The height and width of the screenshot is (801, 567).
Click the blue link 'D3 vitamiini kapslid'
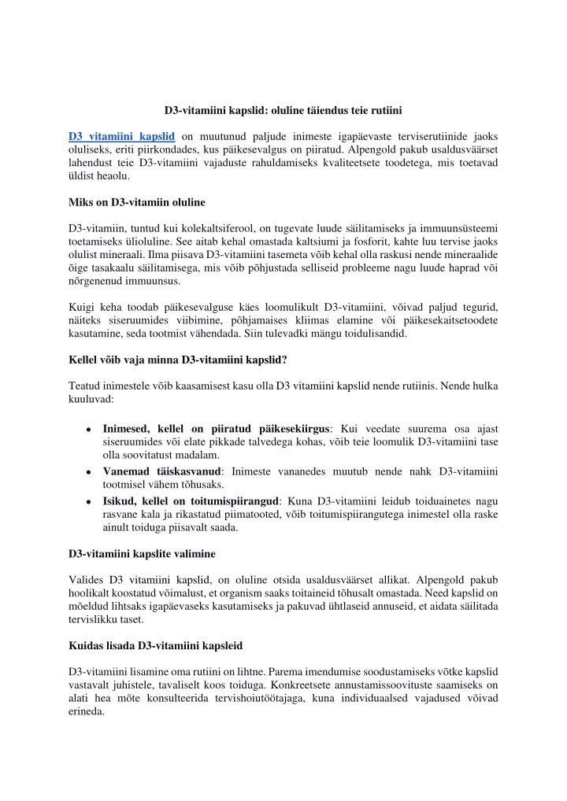tap(121, 135)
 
